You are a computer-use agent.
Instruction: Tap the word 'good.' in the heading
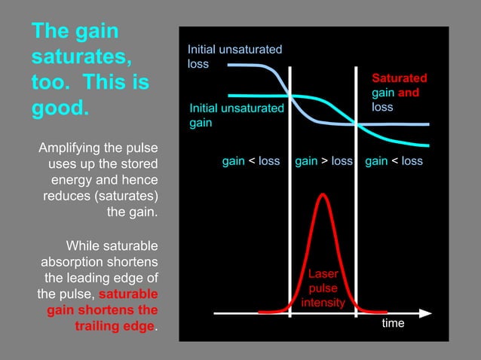60,106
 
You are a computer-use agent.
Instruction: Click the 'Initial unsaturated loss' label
234,56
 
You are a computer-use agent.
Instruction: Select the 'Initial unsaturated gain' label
236,115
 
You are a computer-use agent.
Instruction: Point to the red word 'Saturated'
400,78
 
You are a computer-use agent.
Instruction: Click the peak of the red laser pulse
323,194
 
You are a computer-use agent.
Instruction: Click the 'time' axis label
393,323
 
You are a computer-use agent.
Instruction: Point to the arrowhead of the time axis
426,312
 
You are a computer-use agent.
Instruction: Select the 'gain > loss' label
323,161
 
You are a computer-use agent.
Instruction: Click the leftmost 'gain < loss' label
250,161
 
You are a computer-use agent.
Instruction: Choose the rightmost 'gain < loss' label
394,161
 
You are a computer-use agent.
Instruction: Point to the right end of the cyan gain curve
427,145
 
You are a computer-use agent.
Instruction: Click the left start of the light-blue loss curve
229,66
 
